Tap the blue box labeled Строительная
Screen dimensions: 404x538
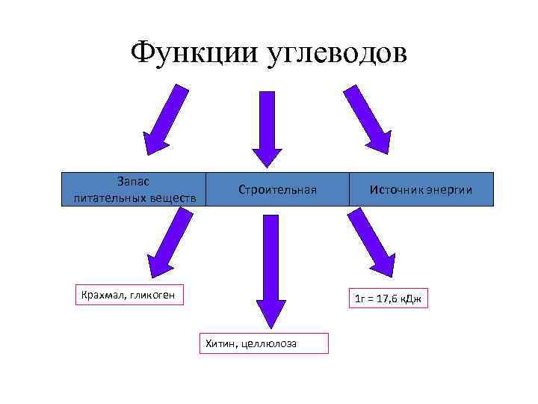click(x=277, y=189)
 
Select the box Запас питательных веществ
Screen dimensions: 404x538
click(x=134, y=189)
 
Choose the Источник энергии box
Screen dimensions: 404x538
click(x=421, y=189)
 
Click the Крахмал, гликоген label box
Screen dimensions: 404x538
click(x=129, y=295)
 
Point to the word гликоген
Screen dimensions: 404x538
click(x=152, y=295)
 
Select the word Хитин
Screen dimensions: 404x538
click(x=218, y=343)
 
